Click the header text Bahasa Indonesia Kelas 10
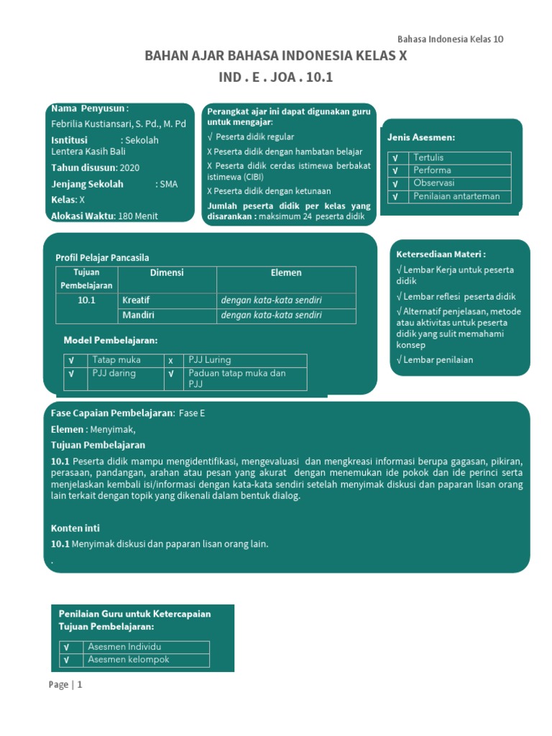tap(451, 39)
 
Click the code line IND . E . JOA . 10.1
tap(275, 77)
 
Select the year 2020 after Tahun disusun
tap(129, 167)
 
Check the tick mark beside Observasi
tap(395, 183)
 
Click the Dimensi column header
tap(166, 273)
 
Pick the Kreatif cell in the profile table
tap(136, 300)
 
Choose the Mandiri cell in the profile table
tap(138, 315)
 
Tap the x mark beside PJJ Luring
tap(171, 360)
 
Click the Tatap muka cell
tap(116, 359)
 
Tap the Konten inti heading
tap(75, 528)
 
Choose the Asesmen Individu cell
tap(124, 647)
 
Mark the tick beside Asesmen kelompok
tap(66, 660)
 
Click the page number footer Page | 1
tap(65, 684)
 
